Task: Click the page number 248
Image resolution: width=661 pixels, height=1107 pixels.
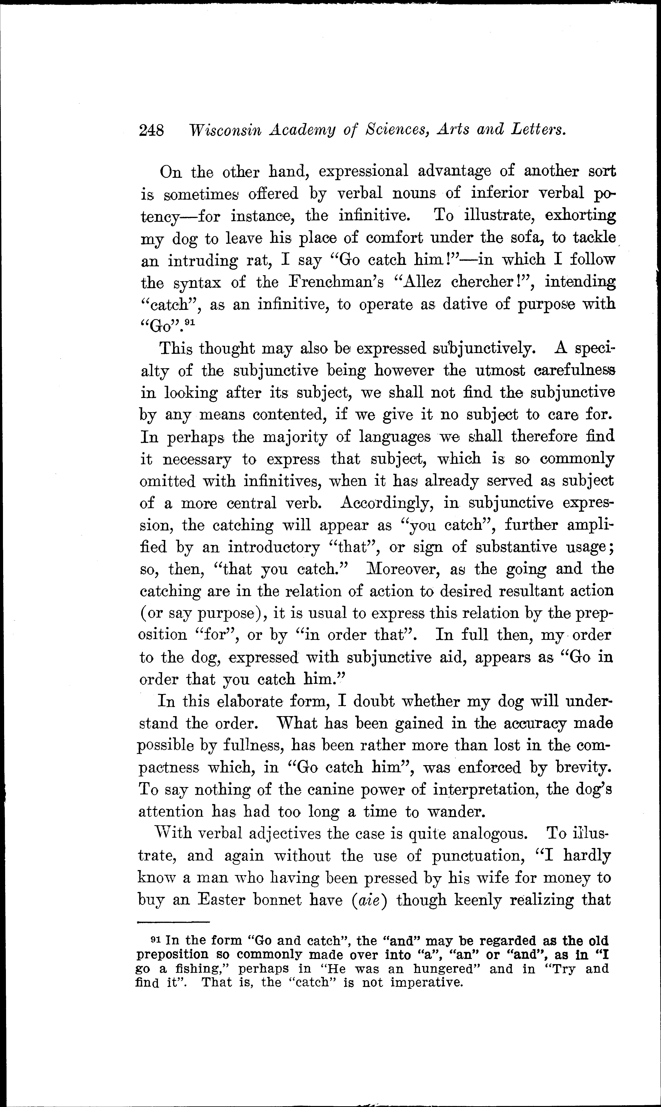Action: click(151, 130)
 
